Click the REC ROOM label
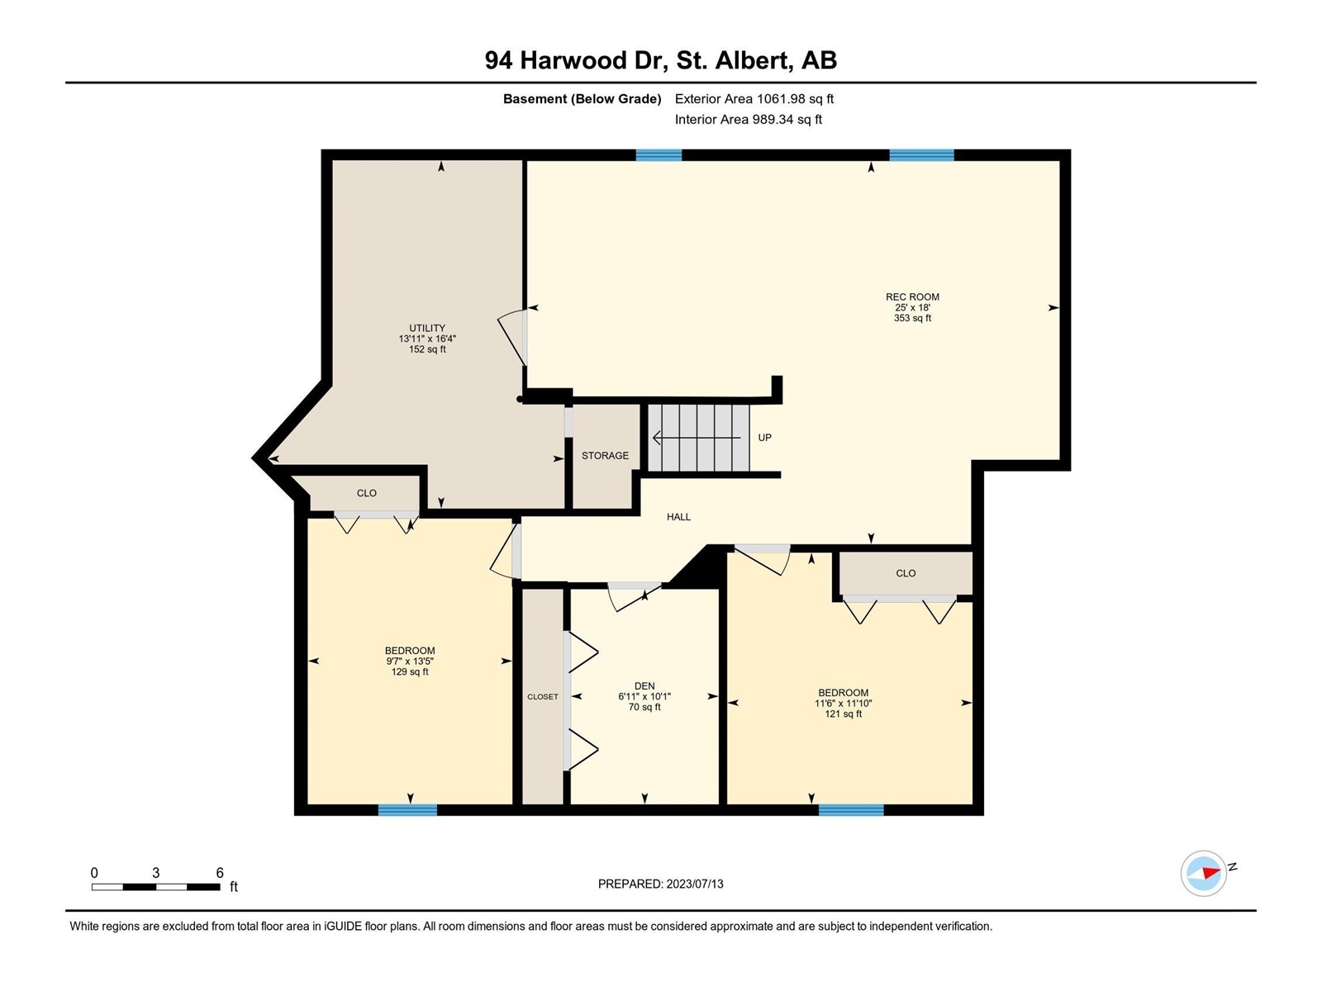pyautogui.click(x=912, y=296)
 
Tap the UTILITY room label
pyautogui.click(x=427, y=328)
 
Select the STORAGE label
pyautogui.click(x=605, y=456)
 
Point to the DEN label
pyautogui.click(x=644, y=686)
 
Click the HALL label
pyautogui.click(x=678, y=517)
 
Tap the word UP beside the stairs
pyautogui.click(x=764, y=438)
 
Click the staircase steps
pyautogui.click(x=699, y=438)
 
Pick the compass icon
pyautogui.click(x=1203, y=873)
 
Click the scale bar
pyautogui.click(x=155, y=887)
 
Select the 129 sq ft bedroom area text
pyautogui.click(x=410, y=671)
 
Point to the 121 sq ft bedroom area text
pyautogui.click(x=844, y=714)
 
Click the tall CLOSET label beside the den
pyautogui.click(x=543, y=696)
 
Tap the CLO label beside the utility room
pyautogui.click(x=366, y=493)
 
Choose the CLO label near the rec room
pyautogui.click(x=906, y=573)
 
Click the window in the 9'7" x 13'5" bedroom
pyautogui.click(x=407, y=810)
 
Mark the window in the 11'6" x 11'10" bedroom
pyautogui.click(x=851, y=810)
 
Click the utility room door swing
pyautogui.click(x=511, y=338)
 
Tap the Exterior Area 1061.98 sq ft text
pyautogui.click(x=754, y=98)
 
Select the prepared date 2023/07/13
pyautogui.click(x=694, y=884)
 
